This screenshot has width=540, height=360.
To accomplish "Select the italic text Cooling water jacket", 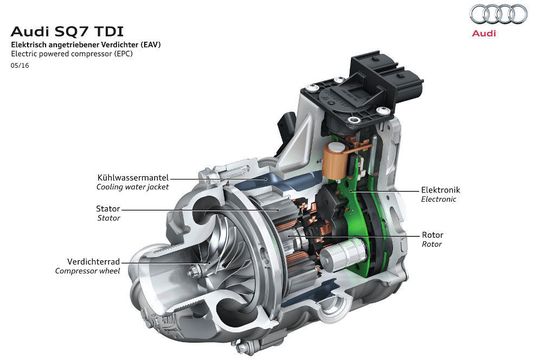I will tap(131, 187).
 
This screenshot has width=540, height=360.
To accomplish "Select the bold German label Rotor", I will tap(433, 233).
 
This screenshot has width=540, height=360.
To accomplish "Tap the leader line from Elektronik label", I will tap(400, 189).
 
